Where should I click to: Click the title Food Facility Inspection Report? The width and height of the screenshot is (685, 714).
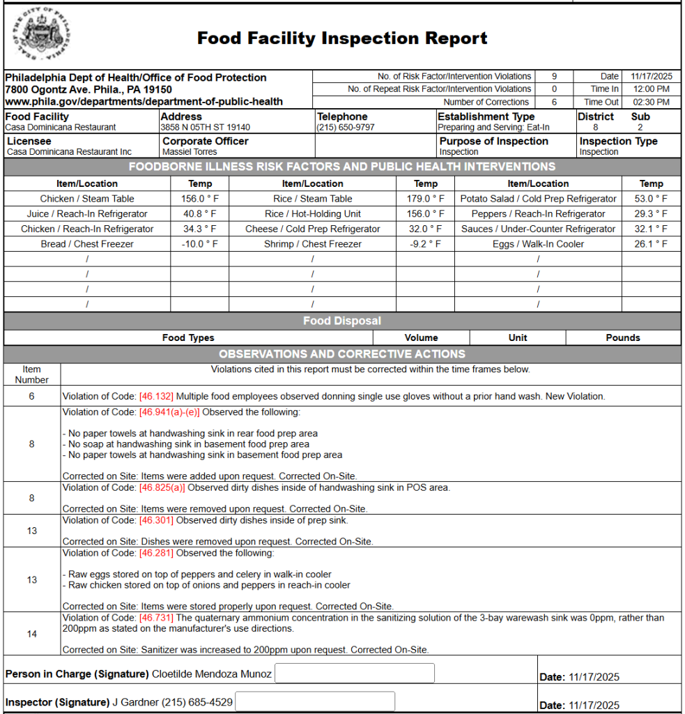tap(342, 38)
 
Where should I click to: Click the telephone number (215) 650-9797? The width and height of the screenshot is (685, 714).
tap(346, 128)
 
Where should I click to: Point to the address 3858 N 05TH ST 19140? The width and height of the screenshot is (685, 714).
tap(206, 128)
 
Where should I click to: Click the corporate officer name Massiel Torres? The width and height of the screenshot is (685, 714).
tap(190, 152)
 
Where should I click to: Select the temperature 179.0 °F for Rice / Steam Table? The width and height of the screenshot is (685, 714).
tap(425, 199)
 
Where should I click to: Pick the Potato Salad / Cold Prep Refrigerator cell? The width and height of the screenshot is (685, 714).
tap(538, 199)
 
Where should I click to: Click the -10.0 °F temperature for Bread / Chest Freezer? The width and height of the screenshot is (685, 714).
tap(199, 244)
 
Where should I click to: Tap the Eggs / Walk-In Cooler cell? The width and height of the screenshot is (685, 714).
tap(538, 244)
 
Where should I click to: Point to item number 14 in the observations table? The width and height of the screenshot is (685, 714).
tap(32, 634)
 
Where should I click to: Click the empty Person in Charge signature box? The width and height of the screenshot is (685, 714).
tap(355, 674)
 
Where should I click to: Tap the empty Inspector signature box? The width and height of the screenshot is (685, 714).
tap(315, 701)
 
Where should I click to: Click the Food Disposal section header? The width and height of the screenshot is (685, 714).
tap(342, 321)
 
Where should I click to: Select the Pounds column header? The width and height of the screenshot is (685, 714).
tap(622, 338)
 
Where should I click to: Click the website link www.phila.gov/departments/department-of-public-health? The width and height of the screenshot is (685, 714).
tap(144, 102)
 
